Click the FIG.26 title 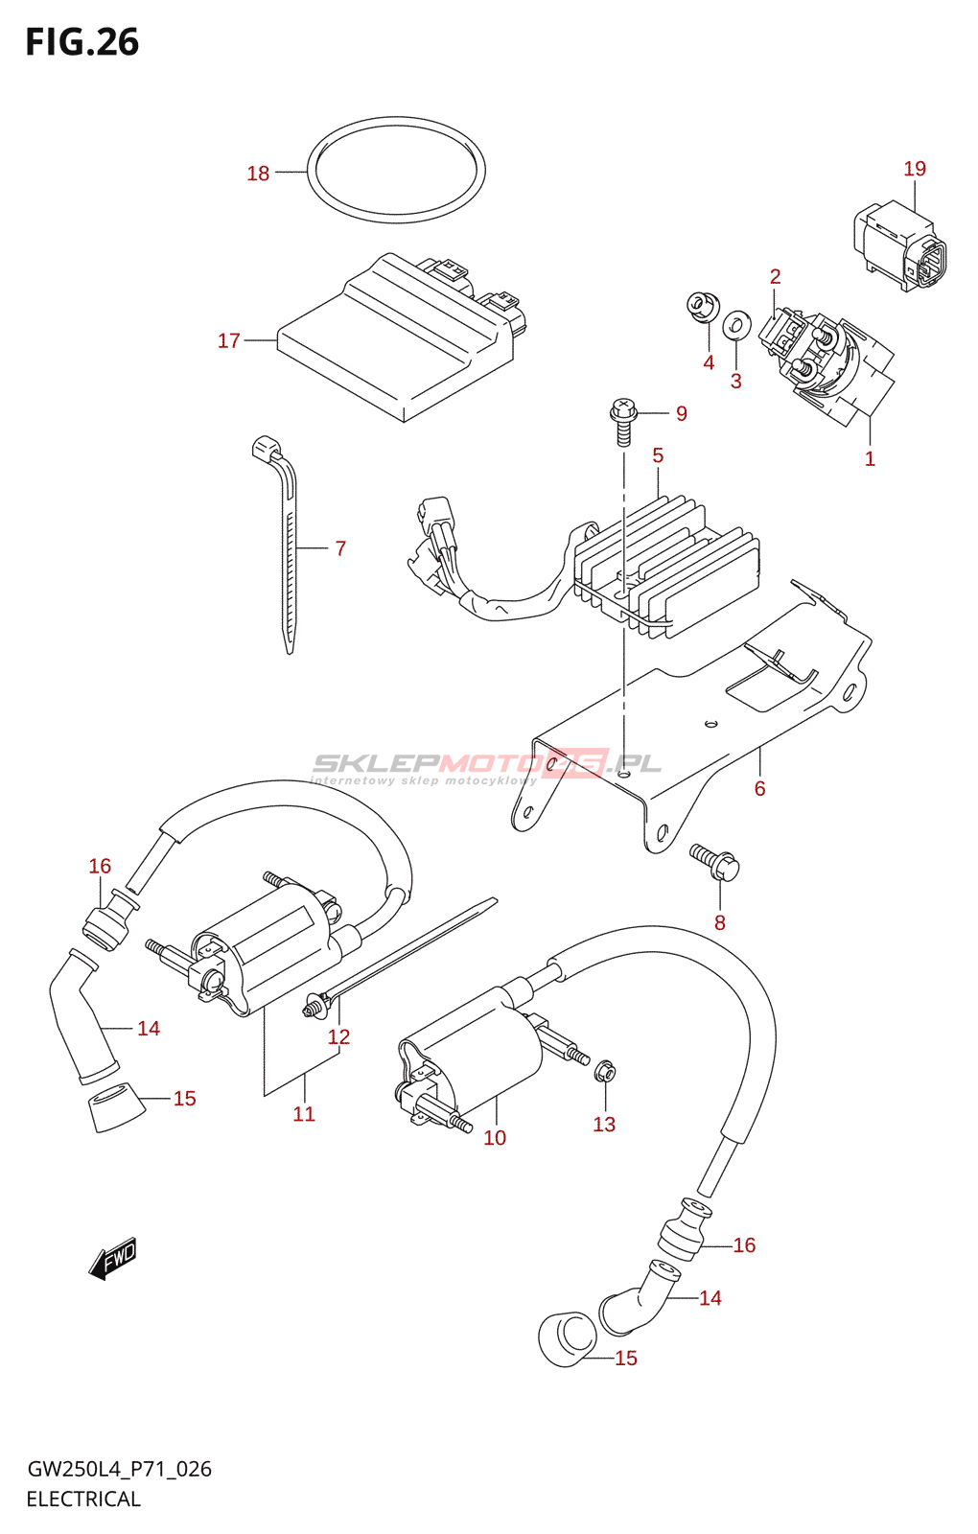[82, 43]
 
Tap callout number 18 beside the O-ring [258, 174]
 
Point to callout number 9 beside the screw [682, 413]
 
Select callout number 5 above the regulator [658, 455]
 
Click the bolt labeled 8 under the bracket [714, 860]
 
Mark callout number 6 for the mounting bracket [759, 788]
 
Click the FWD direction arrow [113, 1258]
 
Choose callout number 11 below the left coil [304, 1114]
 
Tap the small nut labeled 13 [604, 1071]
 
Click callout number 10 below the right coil [495, 1138]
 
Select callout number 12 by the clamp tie [338, 1037]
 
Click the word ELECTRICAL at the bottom [83, 1499]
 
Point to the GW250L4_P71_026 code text [119, 1469]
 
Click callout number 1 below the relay [870, 459]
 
